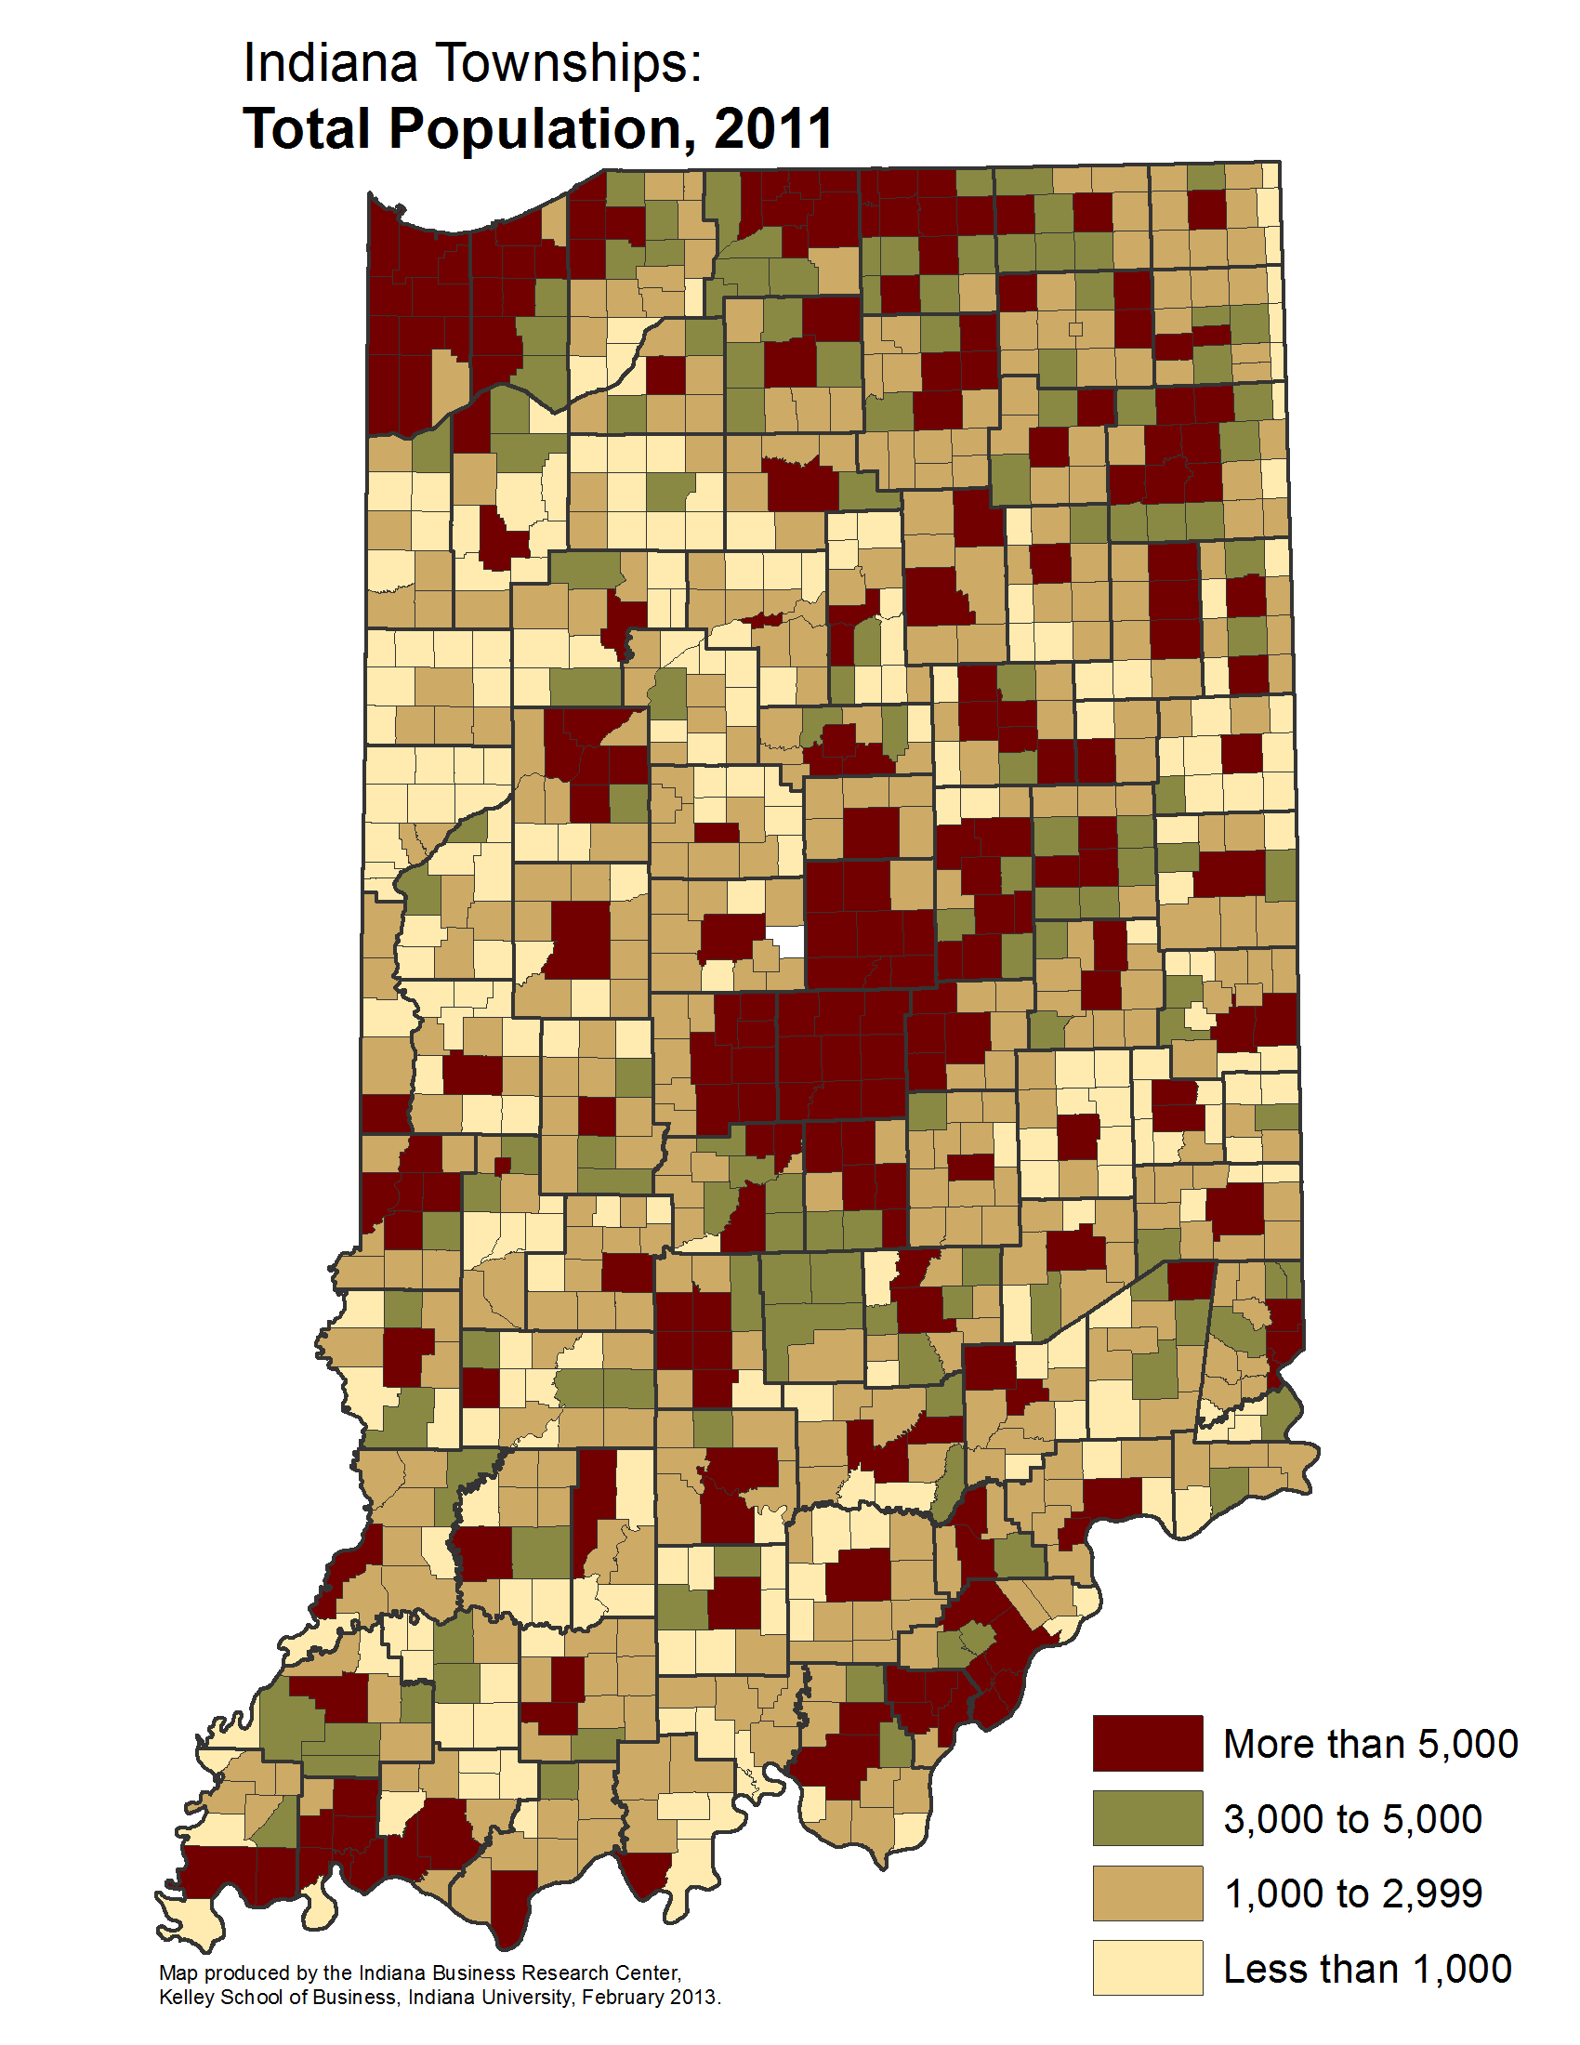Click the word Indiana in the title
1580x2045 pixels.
[x=330, y=63]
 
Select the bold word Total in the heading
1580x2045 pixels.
[x=307, y=128]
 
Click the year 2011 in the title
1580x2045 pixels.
[x=774, y=128]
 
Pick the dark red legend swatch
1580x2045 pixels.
[x=1148, y=1743]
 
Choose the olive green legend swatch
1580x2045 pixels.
[x=1148, y=1817]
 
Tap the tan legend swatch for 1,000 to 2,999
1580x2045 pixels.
[x=1148, y=1893]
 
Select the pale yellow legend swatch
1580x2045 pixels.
[x=1148, y=1967]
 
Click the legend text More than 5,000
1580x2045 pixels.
[x=1370, y=1744]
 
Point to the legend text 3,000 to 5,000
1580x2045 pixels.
[x=1352, y=1818]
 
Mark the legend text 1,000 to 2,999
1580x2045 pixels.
[x=1353, y=1893]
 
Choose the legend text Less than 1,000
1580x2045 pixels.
[x=1367, y=1968]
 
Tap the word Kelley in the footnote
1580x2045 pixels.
[x=186, y=1998]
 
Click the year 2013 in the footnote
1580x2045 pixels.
[x=692, y=1998]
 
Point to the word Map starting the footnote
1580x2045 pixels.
[x=178, y=1972]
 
